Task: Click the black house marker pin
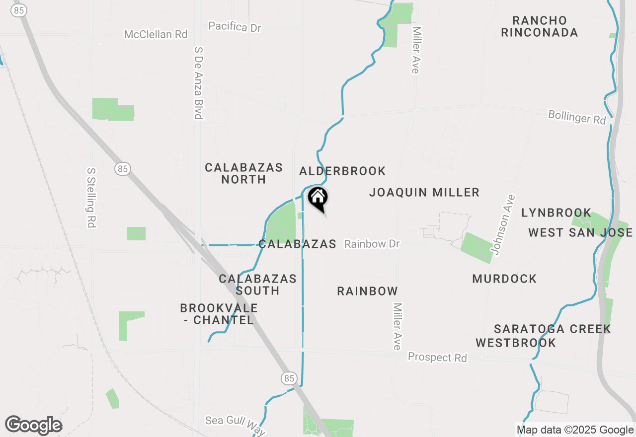[318, 199]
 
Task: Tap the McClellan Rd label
[156, 34]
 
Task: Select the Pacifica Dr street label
[235, 26]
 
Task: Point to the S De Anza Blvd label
[199, 83]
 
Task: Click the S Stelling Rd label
[91, 197]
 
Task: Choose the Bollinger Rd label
[577, 117]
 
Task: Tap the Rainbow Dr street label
[372, 244]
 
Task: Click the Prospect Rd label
[437, 358]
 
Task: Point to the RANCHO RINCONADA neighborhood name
[540, 27]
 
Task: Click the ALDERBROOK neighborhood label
[342, 171]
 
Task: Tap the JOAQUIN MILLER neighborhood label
[424, 193]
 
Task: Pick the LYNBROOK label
[556, 213]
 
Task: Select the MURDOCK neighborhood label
[504, 279]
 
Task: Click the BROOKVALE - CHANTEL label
[219, 314]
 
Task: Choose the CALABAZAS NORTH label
[244, 173]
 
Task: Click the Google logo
[33, 426]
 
